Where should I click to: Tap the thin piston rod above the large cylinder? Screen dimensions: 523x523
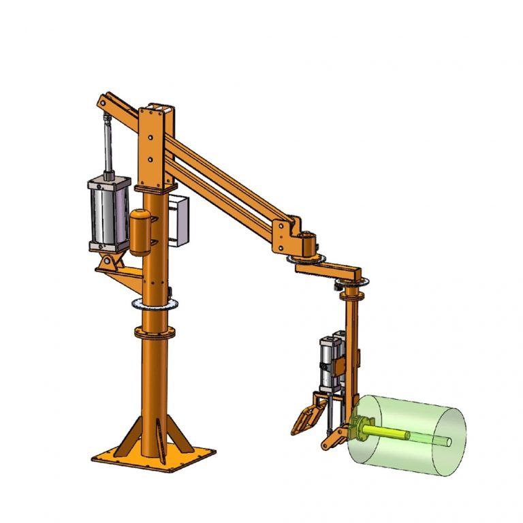coord(107,146)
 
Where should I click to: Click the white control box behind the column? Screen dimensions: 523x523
coord(180,221)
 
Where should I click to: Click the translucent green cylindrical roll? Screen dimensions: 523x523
coord(409,436)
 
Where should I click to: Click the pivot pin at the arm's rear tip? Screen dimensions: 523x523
coord(101,104)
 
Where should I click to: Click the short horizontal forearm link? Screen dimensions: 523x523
coord(327,270)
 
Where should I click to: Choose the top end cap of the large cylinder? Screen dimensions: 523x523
coord(108,180)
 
